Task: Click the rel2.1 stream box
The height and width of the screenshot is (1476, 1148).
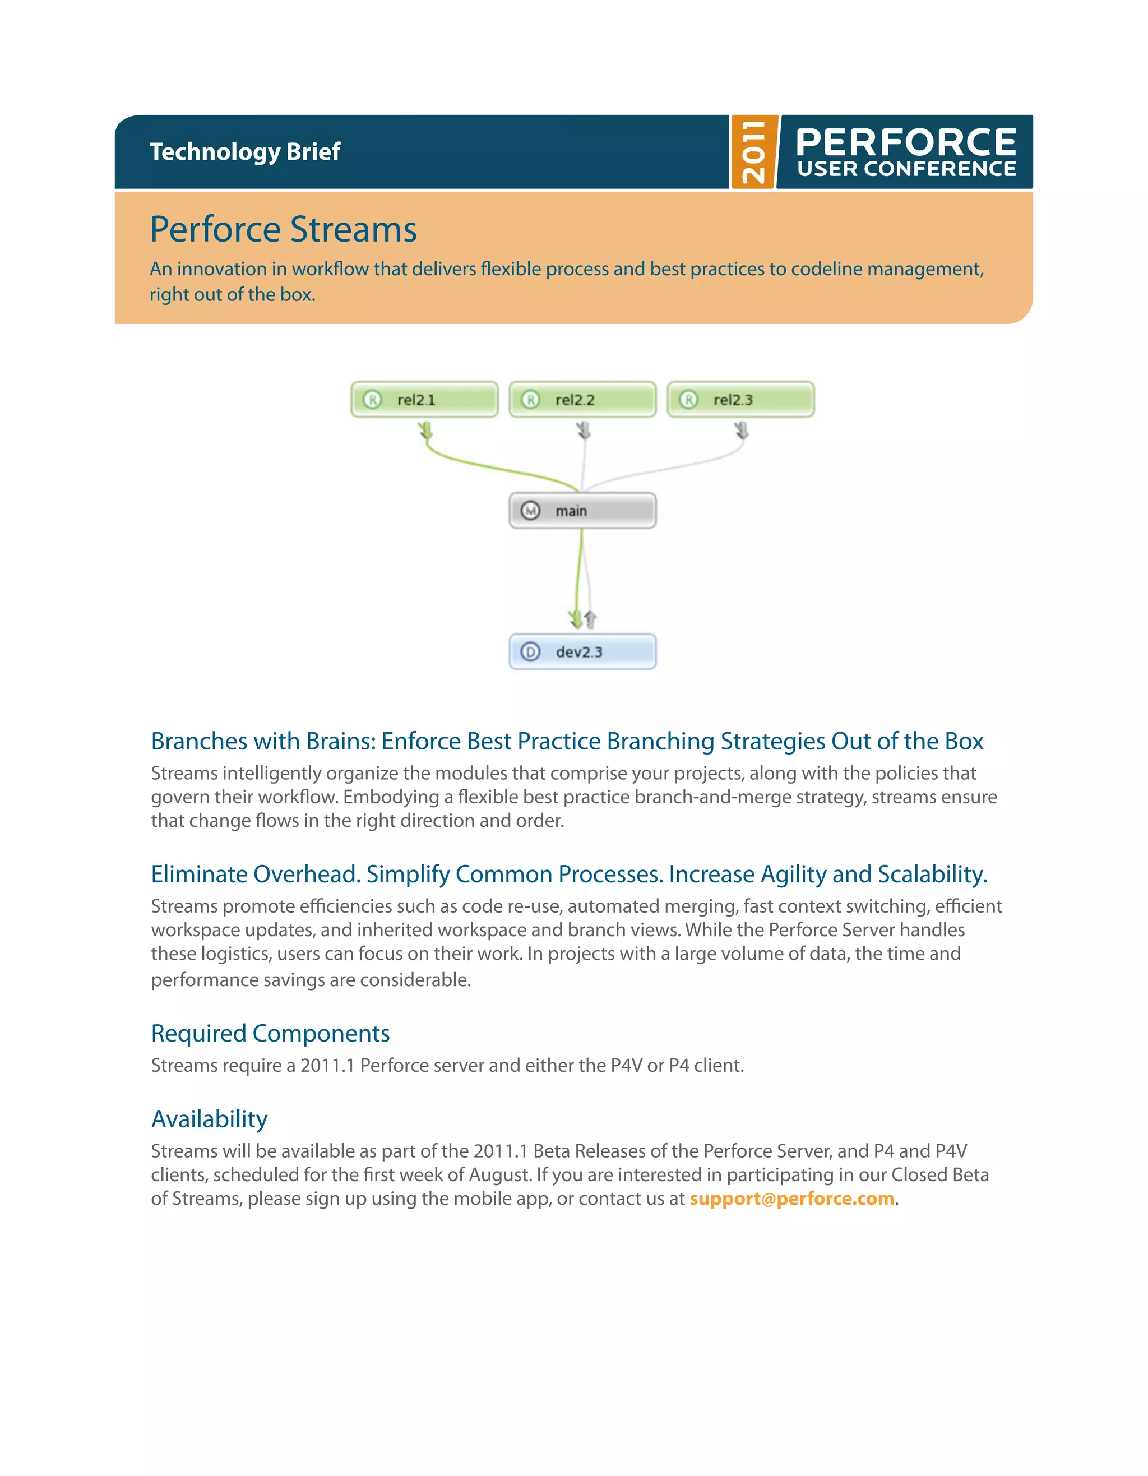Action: tap(424, 400)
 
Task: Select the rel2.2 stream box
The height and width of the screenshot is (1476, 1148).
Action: tap(582, 400)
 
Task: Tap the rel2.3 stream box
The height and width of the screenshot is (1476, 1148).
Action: tap(740, 400)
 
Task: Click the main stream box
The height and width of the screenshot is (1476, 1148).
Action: tap(582, 511)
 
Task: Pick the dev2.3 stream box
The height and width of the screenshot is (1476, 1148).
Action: tap(582, 651)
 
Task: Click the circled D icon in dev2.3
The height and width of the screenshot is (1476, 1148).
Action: tap(530, 651)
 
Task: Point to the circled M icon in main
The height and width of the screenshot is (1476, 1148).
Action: tap(530, 511)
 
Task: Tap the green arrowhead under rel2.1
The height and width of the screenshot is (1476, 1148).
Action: tap(425, 431)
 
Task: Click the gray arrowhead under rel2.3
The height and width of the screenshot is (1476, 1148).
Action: tap(742, 431)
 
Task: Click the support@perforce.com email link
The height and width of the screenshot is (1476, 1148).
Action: tap(791, 1199)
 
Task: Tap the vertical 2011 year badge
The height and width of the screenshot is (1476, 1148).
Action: tap(754, 152)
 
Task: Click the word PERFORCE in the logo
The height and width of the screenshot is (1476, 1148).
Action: tap(906, 142)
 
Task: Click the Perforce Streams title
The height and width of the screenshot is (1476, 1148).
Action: tap(283, 229)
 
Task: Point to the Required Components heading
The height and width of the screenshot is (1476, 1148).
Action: tap(270, 1033)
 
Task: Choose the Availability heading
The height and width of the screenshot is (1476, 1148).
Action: tap(210, 1118)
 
